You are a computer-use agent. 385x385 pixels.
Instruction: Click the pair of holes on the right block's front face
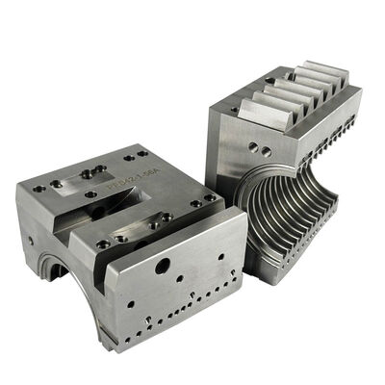[256, 148]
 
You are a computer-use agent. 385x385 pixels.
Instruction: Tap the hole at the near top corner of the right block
[232, 110]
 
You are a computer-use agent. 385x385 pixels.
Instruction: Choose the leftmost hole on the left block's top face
[38, 189]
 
